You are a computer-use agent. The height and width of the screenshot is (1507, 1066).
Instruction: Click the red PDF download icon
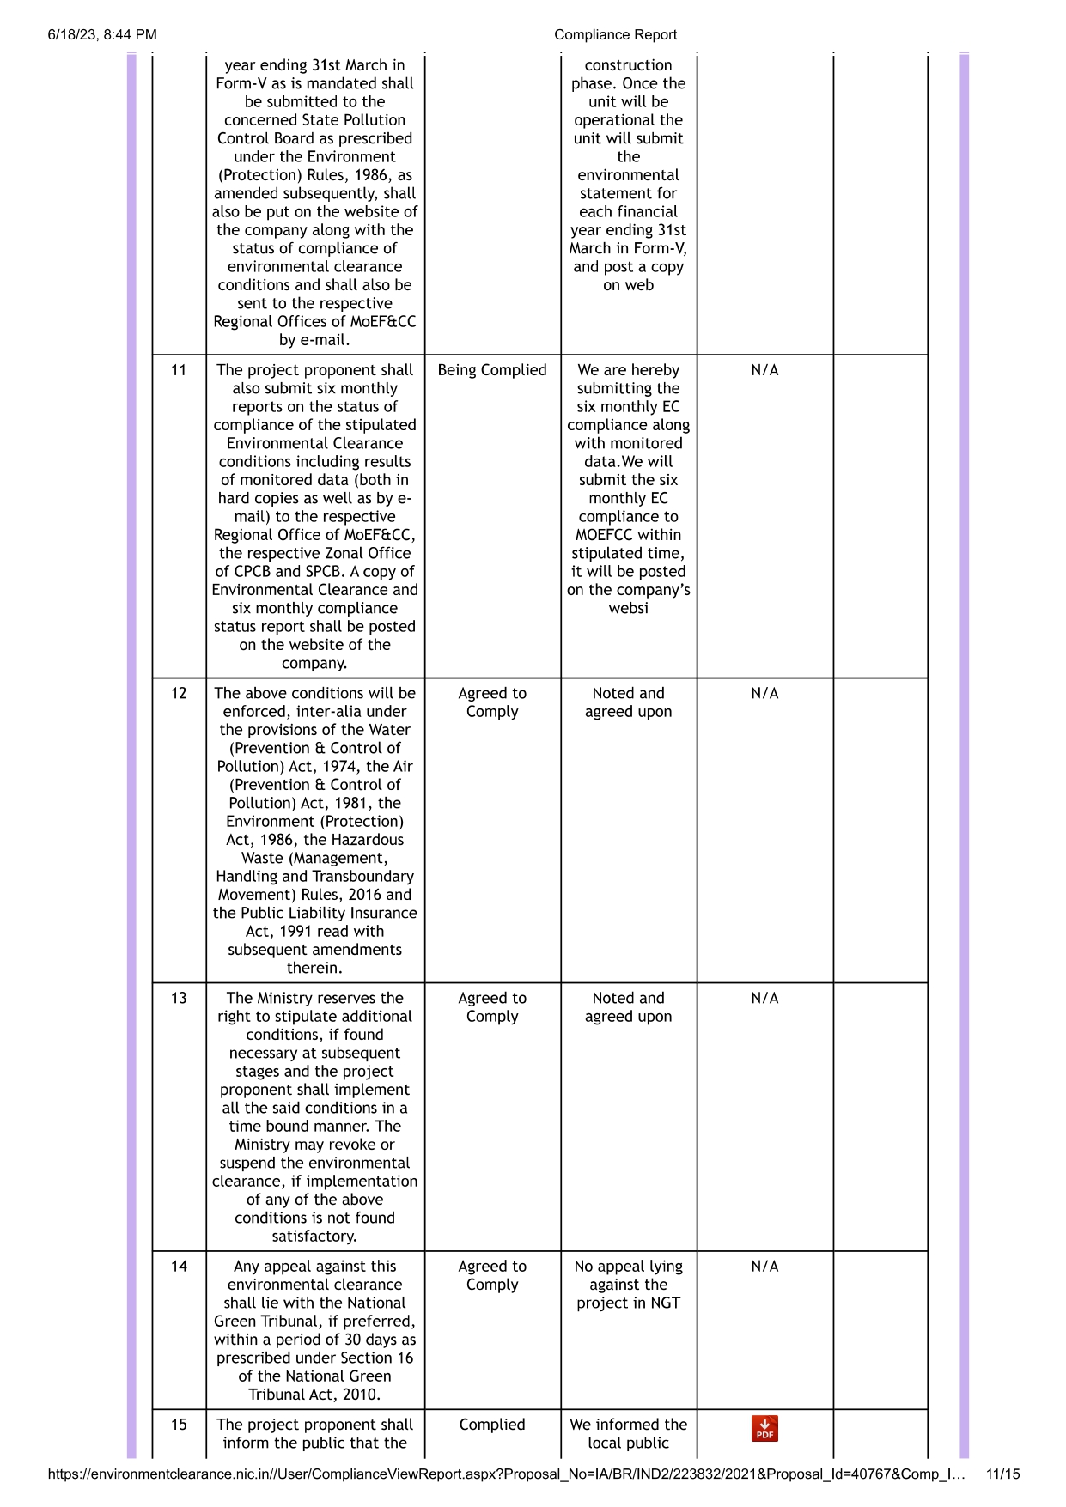tap(764, 1428)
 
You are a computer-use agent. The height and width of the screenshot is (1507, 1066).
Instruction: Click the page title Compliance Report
tap(615, 35)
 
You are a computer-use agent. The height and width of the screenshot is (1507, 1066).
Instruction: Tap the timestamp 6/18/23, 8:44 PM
tap(102, 35)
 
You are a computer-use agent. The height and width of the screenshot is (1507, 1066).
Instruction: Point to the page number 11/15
tap(1002, 1474)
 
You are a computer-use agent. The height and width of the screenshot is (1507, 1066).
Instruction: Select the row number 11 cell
tap(179, 370)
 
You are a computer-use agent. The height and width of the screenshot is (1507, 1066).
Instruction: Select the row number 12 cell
tap(179, 693)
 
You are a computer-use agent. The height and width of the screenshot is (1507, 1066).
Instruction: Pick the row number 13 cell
tap(179, 998)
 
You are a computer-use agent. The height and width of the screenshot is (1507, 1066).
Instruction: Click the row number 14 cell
tap(179, 1266)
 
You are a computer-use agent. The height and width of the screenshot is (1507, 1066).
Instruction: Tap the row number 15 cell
tap(179, 1425)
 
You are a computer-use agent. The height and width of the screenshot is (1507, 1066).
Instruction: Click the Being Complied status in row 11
tap(492, 370)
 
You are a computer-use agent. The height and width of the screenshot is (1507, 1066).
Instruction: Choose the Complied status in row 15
tap(492, 1425)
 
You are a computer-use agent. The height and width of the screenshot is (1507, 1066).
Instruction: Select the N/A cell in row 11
tap(764, 370)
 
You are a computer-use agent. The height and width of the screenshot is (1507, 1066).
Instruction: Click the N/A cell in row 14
tap(764, 1266)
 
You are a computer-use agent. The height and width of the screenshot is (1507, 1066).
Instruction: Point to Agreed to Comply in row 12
tap(492, 702)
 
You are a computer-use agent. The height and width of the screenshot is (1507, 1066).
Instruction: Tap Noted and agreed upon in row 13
tap(628, 1007)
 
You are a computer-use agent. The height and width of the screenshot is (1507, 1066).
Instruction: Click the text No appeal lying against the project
tap(628, 1285)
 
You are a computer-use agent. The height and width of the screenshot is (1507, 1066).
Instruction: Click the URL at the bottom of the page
tap(507, 1474)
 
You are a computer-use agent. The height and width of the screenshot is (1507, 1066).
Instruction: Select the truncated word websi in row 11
tap(628, 608)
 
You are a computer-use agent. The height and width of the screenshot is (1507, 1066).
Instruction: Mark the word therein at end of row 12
tap(314, 968)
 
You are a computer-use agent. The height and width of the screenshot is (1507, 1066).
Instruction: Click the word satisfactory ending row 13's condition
tap(314, 1236)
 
